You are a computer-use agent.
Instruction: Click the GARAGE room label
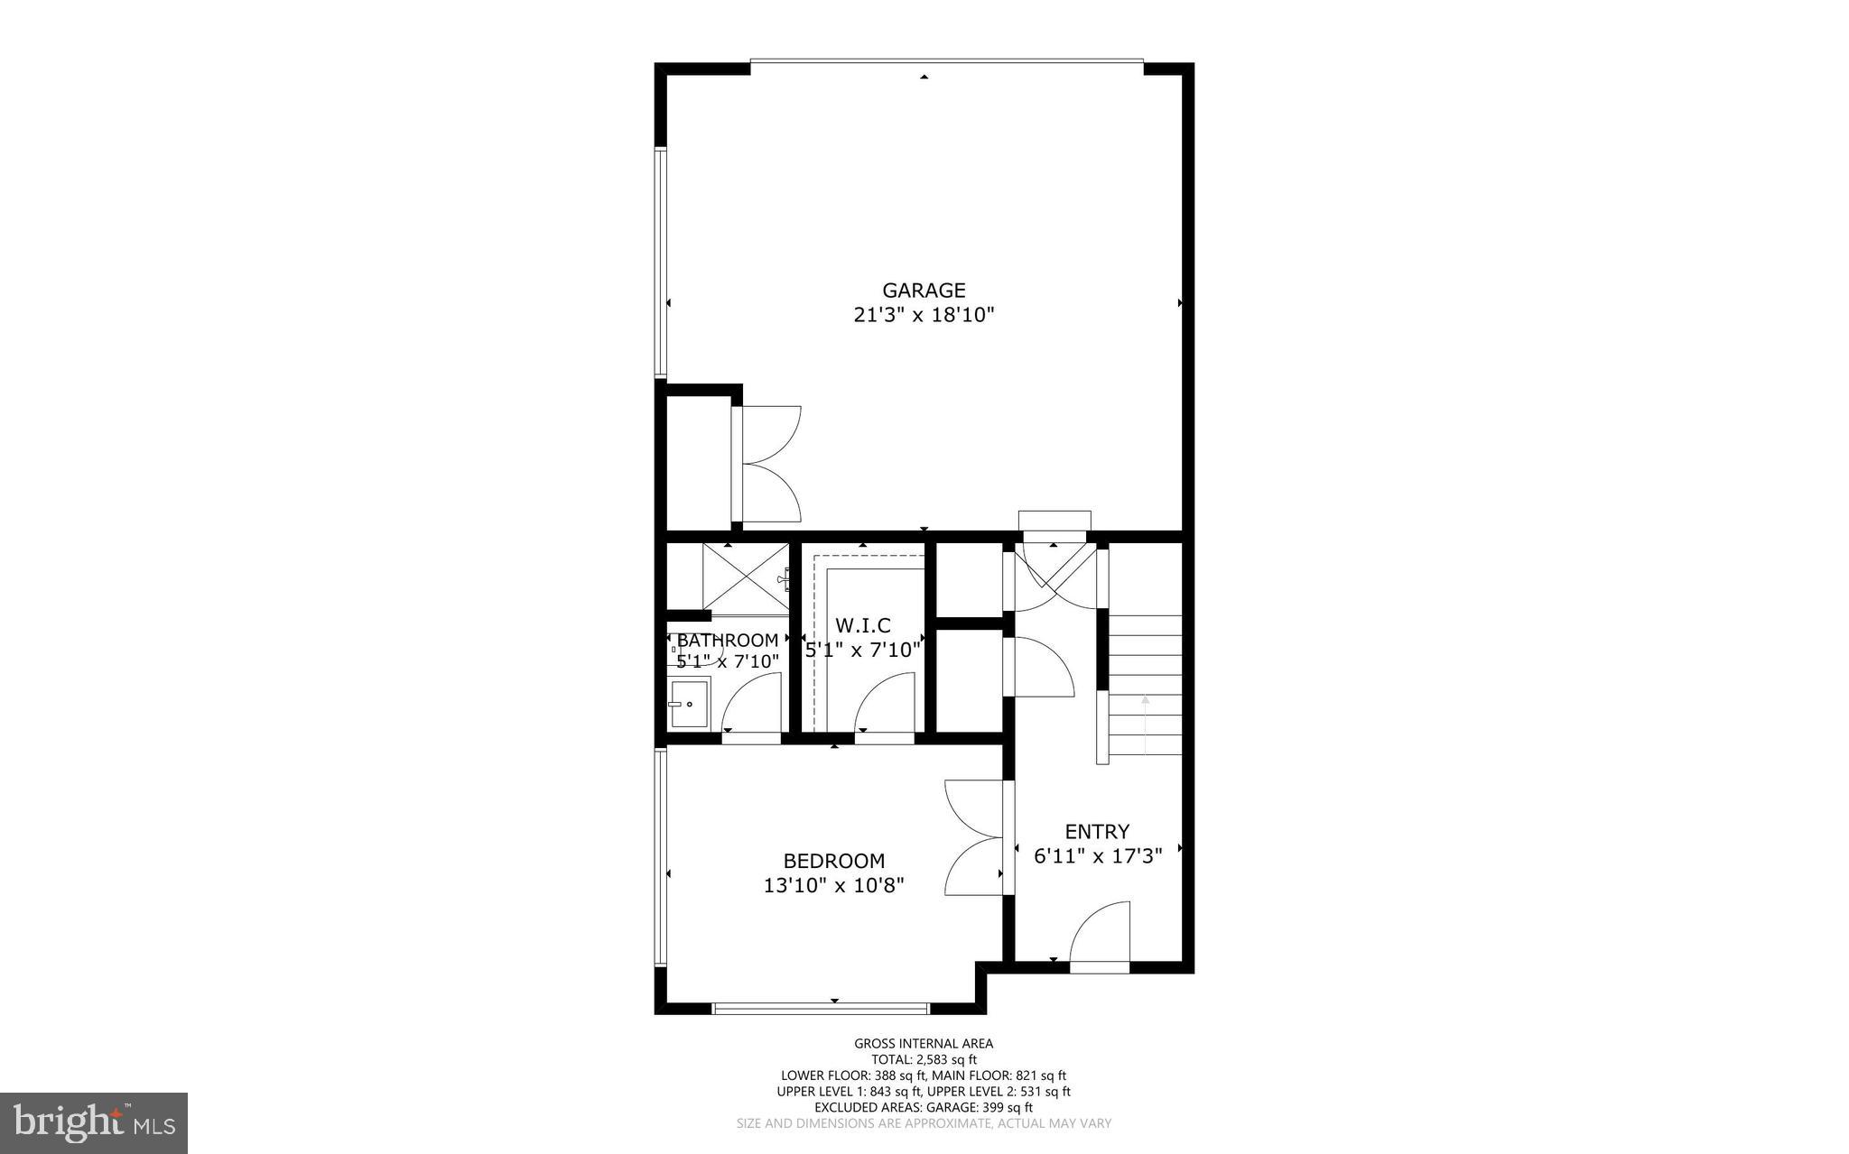coord(924,291)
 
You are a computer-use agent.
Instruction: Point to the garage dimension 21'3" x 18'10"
coord(924,316)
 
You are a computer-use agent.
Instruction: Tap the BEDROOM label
coord(833,861)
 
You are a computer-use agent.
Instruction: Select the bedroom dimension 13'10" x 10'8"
coord(833,886)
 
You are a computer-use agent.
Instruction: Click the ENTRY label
coord(1097,832)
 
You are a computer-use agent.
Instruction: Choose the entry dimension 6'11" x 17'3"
coord(1097,856)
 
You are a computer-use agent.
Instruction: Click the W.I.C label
coord(863,625)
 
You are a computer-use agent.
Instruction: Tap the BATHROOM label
coord(728,641)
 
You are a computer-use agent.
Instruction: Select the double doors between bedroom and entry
coord(975,837)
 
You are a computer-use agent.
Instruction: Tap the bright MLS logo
coord(94,1123)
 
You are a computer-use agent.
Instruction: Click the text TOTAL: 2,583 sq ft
coord(924,1060)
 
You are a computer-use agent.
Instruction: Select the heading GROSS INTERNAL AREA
coord(924,1044)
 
